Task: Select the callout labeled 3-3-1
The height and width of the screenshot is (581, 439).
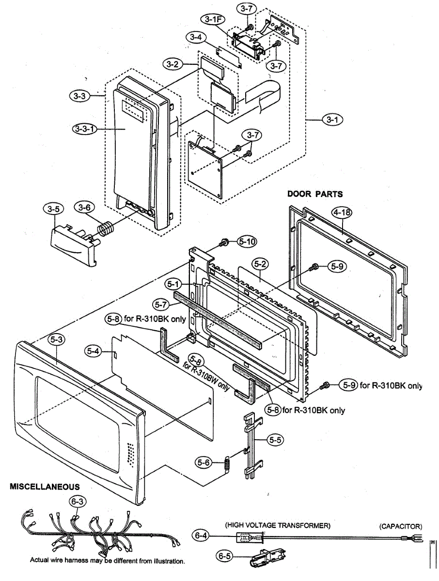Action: (x=85, y=129)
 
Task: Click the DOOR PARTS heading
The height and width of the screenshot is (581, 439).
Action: (x=315, y=194)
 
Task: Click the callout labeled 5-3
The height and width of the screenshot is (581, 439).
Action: (x=57, y=340)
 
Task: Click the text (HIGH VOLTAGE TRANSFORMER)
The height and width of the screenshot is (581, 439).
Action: (x=278, y=525)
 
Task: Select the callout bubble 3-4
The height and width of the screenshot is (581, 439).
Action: (x=196, y=37)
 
